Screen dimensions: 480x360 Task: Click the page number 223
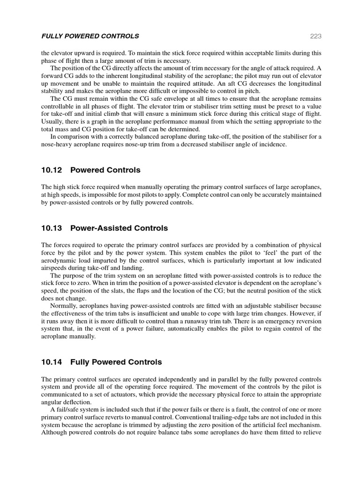pyautogui.click(x=315, y=36)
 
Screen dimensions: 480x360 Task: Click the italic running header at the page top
pyautogui.click(x=90, y=36)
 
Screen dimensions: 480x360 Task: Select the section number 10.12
pyautogui.click(x=52, y=170)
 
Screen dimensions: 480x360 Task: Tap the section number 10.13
pyautogui.click(x=52, y=228)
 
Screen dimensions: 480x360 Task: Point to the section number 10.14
pyautogui.click(x=52, y=362)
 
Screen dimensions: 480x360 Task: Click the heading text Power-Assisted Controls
pyautogui.click(x=119, y=228)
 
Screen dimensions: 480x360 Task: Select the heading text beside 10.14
pyautogui.click(x=116, y=362)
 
